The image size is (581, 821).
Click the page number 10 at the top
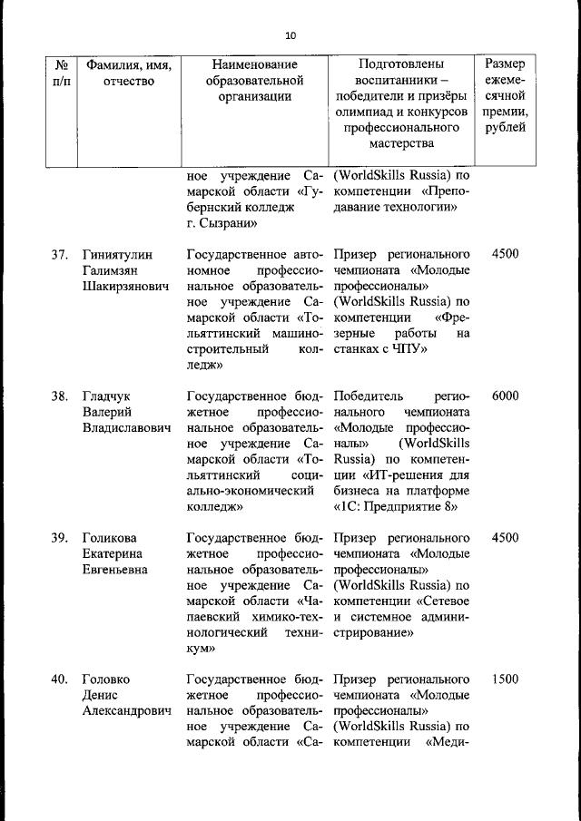coord(290,35)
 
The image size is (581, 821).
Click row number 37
coord(60,253)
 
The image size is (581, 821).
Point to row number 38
coord(60,396)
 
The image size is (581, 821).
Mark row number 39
coord(60,537)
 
